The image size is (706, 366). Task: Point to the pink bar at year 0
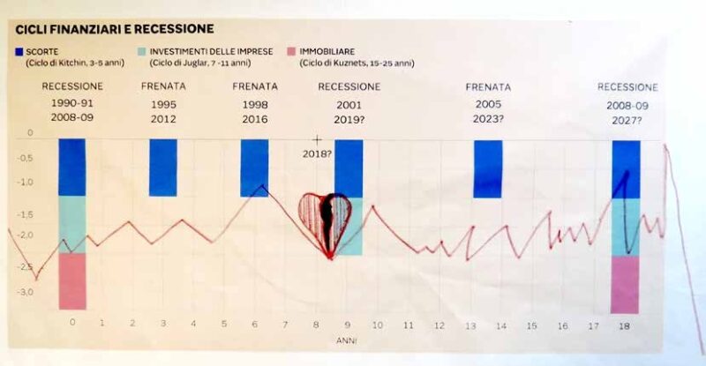[72, 280]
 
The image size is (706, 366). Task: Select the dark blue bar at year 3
[162, 168]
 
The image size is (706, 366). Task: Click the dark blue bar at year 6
[254, 168]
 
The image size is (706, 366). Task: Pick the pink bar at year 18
[626, 284]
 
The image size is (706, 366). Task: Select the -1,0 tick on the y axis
[23, 183]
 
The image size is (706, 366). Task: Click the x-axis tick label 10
[377, 325]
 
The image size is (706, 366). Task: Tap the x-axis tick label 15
[531, 325]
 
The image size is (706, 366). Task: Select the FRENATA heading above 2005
[488, 87]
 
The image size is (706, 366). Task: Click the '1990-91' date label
[72, 103]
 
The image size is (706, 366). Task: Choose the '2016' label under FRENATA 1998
[255, 120]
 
